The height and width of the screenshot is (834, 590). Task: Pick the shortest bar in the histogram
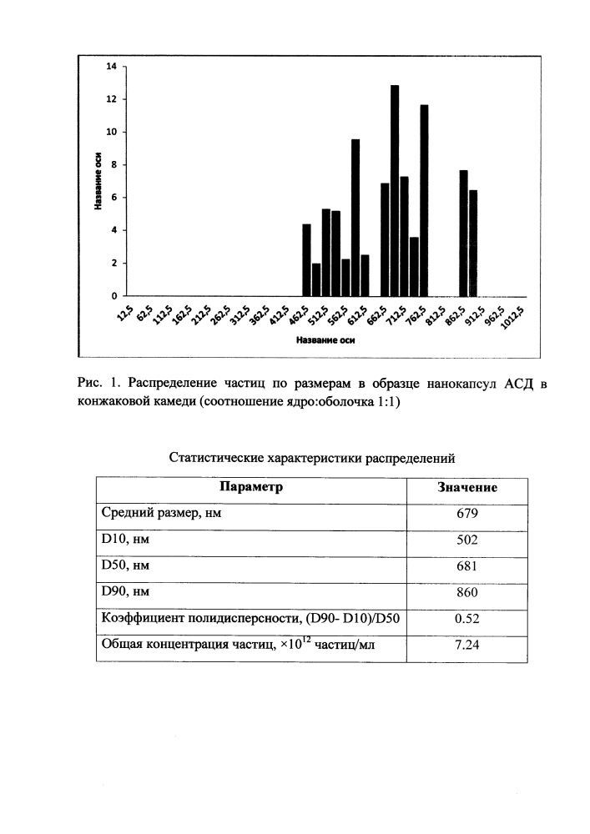(316, 279)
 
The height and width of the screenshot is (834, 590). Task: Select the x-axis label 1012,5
(513, 319)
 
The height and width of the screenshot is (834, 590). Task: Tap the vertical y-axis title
(98, 181)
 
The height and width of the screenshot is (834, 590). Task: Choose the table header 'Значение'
(467, 487)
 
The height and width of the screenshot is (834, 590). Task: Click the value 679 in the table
(466, 513)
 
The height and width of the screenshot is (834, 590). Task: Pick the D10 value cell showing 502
(466, 540)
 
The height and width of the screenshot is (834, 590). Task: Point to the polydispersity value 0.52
(466, 618)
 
